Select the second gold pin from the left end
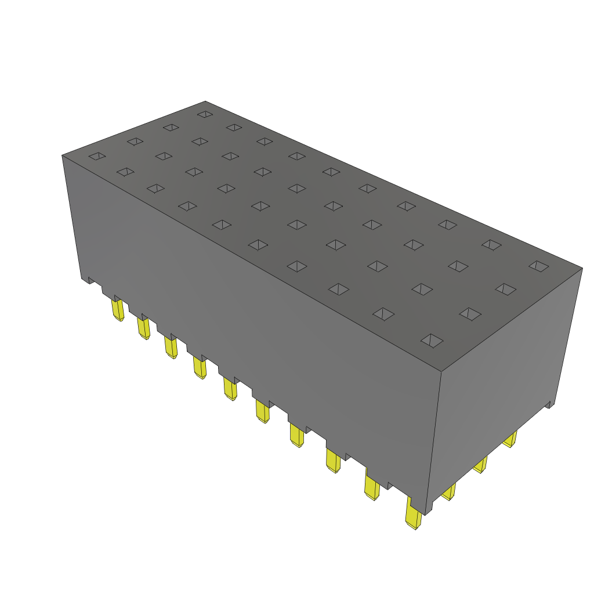tap(143, 328)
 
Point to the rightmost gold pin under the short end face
tap(510, 440)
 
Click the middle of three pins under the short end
tap(480, 465)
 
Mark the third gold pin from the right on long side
tap(333, 461)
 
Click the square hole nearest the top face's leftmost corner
tap(97, 156)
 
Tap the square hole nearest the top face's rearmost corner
tap(205, 114)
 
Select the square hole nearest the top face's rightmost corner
tap(538, 266)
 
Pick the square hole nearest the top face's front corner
tap(432, 341)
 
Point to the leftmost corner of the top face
tap(63, 155)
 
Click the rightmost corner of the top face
tap(582, 268)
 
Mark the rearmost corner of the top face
tap(205, 102)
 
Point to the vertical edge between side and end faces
tap(435, 441)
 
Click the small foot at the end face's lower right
tap(549, 404)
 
